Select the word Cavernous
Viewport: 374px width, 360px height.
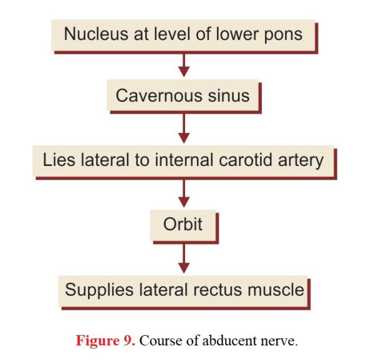coord(159,95)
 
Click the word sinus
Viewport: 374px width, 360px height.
coord(229,95)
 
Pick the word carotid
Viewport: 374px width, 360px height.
coord(245,160)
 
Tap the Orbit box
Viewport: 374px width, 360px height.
coord(183,225)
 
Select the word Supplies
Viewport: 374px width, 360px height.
coord(99,291)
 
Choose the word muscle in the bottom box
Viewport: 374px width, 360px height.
coord(276,290)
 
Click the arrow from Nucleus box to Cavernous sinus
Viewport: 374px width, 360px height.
coord(184,65)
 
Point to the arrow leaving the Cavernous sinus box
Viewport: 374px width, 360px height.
coord(184,129)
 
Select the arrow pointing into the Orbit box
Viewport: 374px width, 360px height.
coord(184,193)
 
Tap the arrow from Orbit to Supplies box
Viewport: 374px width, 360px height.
coord(184,259)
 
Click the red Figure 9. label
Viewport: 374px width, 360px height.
coord(105,341)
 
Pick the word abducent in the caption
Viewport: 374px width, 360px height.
coord(229,341)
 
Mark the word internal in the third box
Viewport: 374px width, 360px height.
coord(184,160)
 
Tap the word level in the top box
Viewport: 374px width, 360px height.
coord(172,34)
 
